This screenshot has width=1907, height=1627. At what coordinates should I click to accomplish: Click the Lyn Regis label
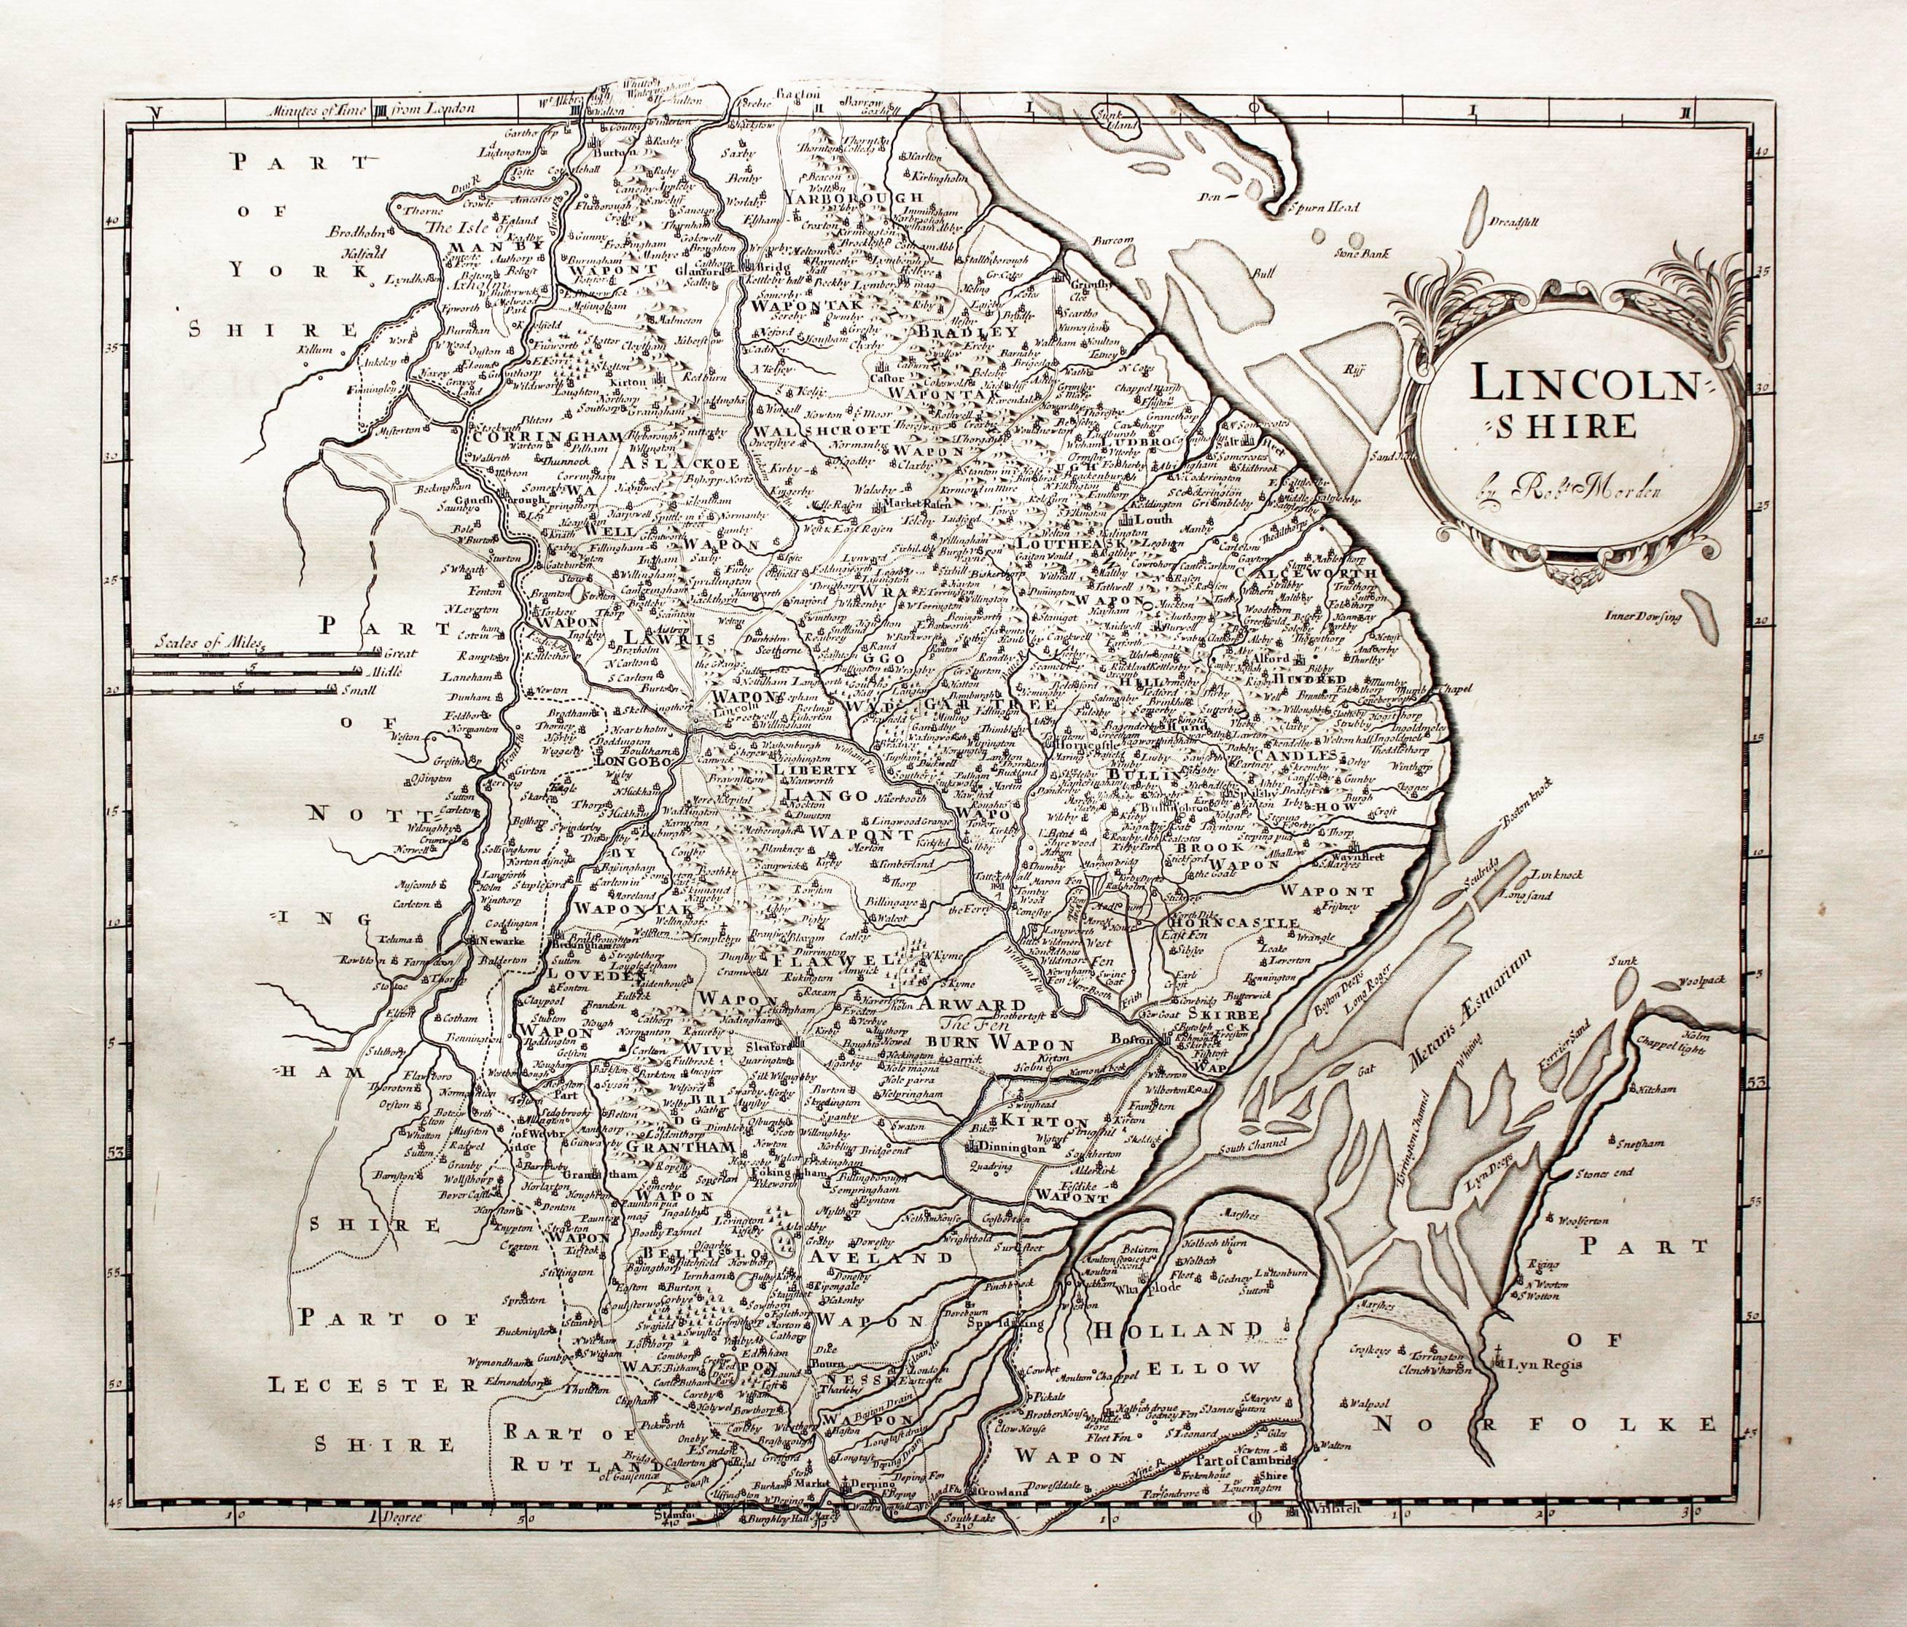click(1534, 1375)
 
